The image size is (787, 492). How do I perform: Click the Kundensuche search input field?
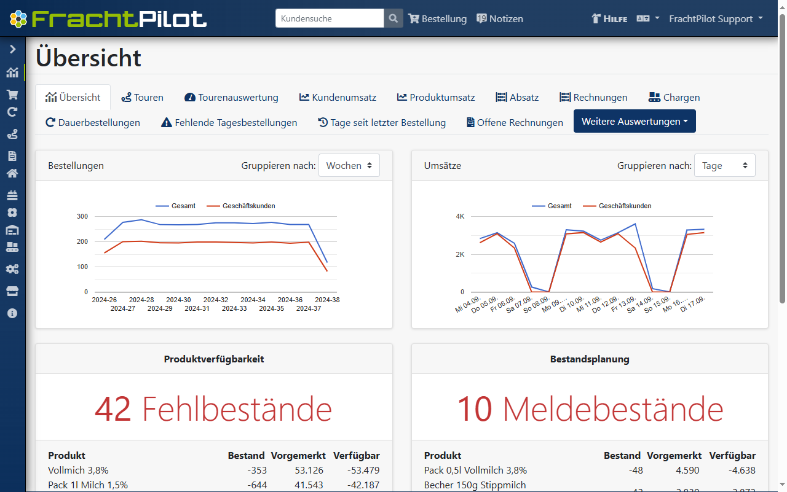pos(330,18)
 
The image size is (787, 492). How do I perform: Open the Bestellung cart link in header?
pos(438,18)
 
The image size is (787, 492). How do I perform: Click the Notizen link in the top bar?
pos(500,18)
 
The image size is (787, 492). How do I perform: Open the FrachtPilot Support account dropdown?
pos(716,18)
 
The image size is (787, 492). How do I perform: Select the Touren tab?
pos(143,97)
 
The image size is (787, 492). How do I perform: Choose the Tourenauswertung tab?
pos(231,97)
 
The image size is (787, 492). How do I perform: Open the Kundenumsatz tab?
pos(338,97)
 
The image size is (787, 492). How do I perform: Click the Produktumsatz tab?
pos(436,97)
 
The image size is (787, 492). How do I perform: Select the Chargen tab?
pos(674,97)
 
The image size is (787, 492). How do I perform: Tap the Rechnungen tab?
pos(593,97)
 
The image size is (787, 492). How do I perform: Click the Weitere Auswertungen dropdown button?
pos(635,121)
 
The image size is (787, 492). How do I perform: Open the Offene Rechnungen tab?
pos(515,122)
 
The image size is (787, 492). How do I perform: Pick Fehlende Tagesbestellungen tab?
pos(229,122)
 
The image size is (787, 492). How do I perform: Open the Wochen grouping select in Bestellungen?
pos(349,165)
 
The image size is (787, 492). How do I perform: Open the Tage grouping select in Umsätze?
pos(725,165)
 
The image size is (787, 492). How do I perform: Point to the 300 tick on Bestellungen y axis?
pos(82,216)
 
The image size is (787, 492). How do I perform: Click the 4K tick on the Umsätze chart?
pos(460,216)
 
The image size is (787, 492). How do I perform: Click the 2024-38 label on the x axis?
pos(326,300)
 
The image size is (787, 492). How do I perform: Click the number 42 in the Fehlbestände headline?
pos(113,408)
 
